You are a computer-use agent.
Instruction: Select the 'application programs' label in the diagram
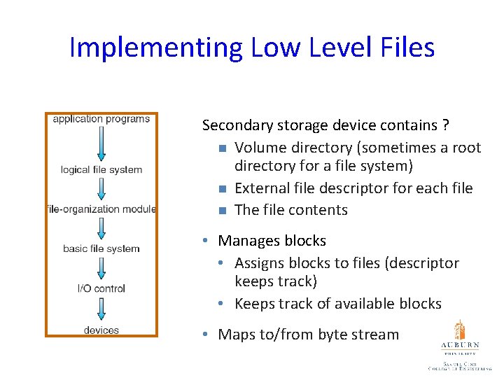(x=101, y=119)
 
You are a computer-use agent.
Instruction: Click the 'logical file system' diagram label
(x=101, y=169)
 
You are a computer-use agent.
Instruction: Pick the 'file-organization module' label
(x=101, y=209)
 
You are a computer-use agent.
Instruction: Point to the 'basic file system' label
(x=101, y=248)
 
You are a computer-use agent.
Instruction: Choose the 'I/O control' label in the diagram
(x=101, y=288)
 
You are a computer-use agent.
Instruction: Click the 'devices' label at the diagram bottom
(x=101, y=330)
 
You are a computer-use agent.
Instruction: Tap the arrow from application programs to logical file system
(x=101, y=143)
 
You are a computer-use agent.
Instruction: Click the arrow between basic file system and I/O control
(x=101, y=269)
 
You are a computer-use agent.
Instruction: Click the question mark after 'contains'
(x=446, y=126)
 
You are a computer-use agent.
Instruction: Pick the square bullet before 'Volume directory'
(x=221, y=148)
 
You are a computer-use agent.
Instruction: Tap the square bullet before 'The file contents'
(x=221, y=211)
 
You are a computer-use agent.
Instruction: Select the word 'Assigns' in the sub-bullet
(x=259, y=263)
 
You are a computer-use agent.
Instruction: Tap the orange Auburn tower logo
(x=459, y=330)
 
